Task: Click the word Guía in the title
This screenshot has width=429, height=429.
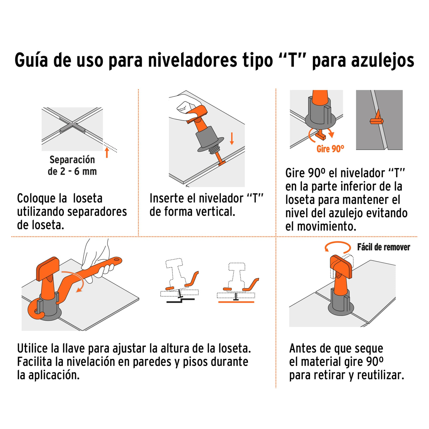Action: point(31,61)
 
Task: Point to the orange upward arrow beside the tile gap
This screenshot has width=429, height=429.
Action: point(107,152)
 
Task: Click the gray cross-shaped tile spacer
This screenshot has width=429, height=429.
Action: point(72,128)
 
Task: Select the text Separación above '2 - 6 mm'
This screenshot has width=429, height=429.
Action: point(72,160)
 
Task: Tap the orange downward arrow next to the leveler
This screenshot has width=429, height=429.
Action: point(232,139)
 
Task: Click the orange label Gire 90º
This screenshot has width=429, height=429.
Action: point(330,149)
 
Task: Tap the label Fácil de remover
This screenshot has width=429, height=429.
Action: point(384,247)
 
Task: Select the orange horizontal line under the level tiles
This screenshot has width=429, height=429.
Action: point(236,302)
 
